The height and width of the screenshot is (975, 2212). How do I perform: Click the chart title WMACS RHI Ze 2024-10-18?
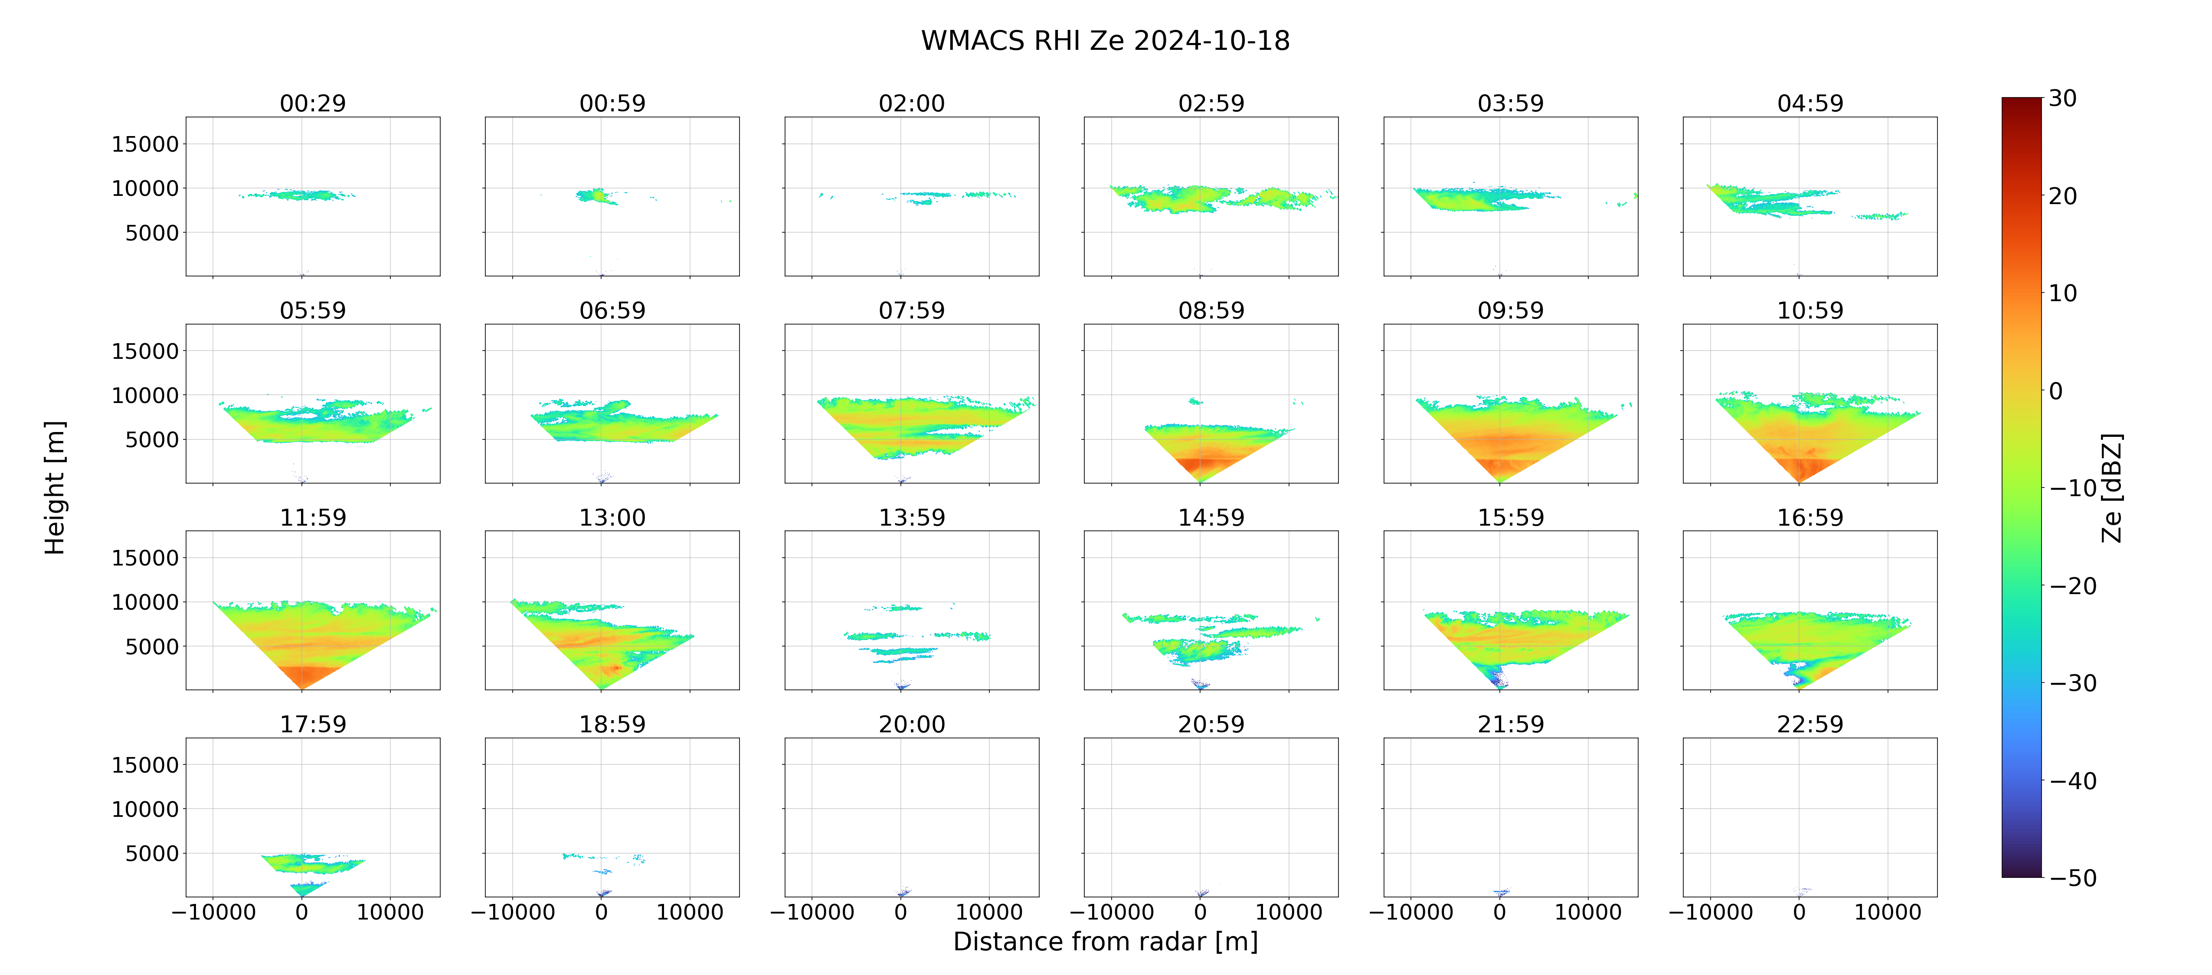pyautogui.click(x=1105, y=40)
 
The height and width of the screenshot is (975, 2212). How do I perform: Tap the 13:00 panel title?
pyautogui.click(x=612, y=517)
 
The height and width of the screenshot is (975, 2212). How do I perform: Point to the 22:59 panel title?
pyautogui.click(x=1810, y=725)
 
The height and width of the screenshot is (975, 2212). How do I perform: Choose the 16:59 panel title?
pyautogui.click(x=1810, y=517)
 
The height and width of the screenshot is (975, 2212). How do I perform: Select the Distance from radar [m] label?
pyautogui.click(x=1105, y=942)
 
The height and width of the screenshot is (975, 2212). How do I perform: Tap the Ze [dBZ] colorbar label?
pyautogui.click(x=2111, y=487)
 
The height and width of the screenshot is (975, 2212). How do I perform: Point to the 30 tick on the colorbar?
pyautogui.click(x=2063, y=99)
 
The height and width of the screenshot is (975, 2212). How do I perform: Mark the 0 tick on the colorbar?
pyautogui.click(x=2056, y=391)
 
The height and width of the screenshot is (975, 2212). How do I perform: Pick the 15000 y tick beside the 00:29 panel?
pyautogui.click(x=145, y=144)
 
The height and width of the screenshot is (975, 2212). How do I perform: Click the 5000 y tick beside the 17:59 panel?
pyautogui.click(x=152, y=853)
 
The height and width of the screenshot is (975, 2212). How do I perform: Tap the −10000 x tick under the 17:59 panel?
pyautogui.click(x=214, y=912)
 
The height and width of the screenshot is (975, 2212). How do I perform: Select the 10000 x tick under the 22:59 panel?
pyautogui.click(x=1888, y=912)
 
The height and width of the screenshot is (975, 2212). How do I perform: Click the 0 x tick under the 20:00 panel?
pyautogui.click(x=901, y=912)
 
